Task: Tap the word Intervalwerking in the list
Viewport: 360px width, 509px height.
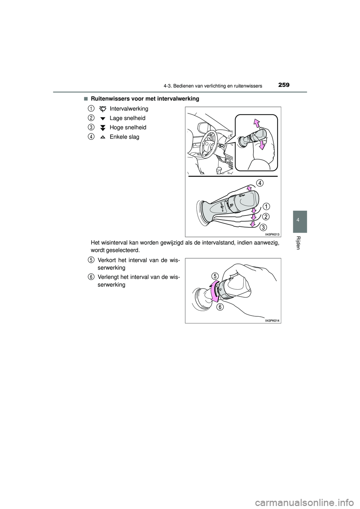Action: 129,109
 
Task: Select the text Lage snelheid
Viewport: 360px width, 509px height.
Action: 127,118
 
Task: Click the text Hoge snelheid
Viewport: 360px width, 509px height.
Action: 128,127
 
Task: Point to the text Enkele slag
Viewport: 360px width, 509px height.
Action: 124,137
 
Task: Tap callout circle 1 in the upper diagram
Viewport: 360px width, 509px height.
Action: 265,207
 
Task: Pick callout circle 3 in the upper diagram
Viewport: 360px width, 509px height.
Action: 264,227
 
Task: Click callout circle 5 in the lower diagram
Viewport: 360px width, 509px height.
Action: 214,276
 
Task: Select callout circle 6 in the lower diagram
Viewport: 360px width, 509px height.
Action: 219,307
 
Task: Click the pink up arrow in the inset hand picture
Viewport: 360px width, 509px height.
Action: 256,123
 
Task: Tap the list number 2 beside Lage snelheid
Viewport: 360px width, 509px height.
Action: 91,118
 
